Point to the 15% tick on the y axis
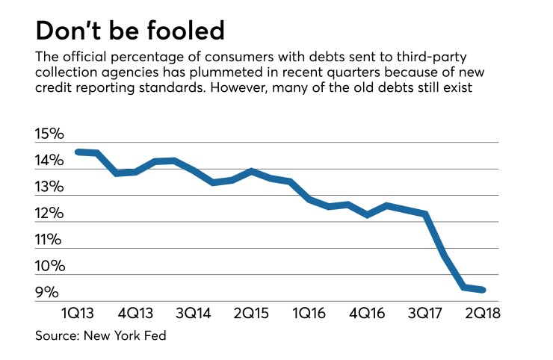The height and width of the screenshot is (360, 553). click(49, 136)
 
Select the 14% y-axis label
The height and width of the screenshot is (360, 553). click(49, 162)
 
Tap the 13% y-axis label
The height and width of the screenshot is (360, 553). click(49, 188)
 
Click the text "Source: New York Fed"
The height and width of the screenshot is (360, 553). click(100, 336)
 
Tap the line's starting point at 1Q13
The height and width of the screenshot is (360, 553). click(78, 152)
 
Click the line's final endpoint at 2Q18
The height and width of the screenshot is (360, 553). click(484, 290)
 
